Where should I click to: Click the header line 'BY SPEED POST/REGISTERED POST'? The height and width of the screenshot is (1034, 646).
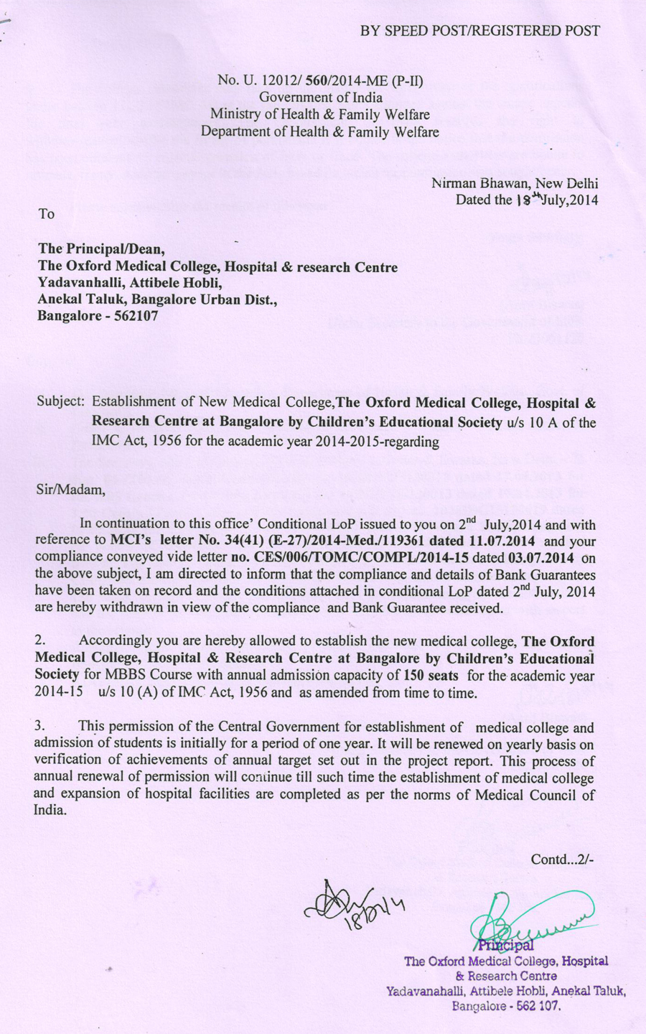pyautogui.click(x=479, y=30)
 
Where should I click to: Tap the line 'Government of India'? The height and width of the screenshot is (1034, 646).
pyautogui.click(x=320, y=97)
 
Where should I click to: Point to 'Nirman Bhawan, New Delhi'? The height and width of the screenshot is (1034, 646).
pyautogui.click(x=515, y=183)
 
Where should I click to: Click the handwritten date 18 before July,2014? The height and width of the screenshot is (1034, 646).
pyautogui.click(x=525, y=200)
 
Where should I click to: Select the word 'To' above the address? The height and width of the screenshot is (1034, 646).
pyautogui.click(x=46, y=213)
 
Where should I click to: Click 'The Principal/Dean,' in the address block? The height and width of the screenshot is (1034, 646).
pyautogui.click(x=101, y=249)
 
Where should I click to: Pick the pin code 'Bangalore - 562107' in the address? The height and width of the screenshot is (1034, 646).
pyautogui.click(x=98, y=315)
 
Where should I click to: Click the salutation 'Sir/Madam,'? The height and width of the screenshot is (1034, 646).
pyautogui.click(x=70, y=490)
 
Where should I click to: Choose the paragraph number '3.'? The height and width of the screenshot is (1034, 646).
pyautogui.click(x=41, y=727)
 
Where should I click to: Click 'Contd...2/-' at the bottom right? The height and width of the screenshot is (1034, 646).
pyautogui.click(x=562, y=860)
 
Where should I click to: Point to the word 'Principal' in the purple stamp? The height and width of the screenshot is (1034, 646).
pyautogui.click(x=506, y=945)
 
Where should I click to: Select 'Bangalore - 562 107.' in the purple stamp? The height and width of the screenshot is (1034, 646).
pyautogui.click(x=506, y=1006)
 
